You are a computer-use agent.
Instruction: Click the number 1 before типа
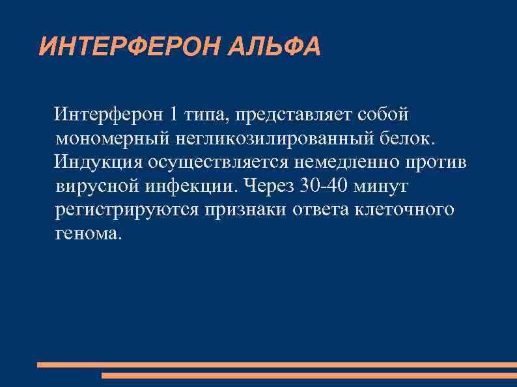[x=172, y=114]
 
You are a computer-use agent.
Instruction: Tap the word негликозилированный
[x=272, y=139]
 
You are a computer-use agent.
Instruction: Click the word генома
[x=89, y=234]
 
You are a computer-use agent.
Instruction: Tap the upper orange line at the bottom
[x=277, y=365]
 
